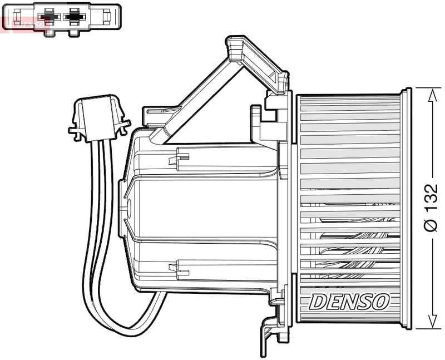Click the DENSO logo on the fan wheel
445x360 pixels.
point(348,302)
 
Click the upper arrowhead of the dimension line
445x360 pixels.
point(432,95)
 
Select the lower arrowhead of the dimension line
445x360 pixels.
point(432,322)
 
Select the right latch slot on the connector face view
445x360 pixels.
point(73,32)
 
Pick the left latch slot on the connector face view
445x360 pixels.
point(48,32)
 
